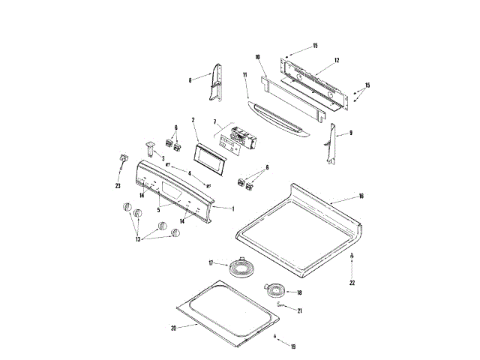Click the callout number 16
click(361, 196)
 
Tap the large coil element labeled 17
click(240, 265)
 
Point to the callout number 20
click(173, 328)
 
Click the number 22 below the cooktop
click(352, 283)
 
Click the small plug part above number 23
click(120, 158)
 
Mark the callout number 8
click(190, 79)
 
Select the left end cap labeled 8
click(214, 83)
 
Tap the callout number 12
click(337, 59)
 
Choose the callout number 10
click(256, 57)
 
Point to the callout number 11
click(245, 75)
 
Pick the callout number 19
click(293, 346)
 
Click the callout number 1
click(232, 208)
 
